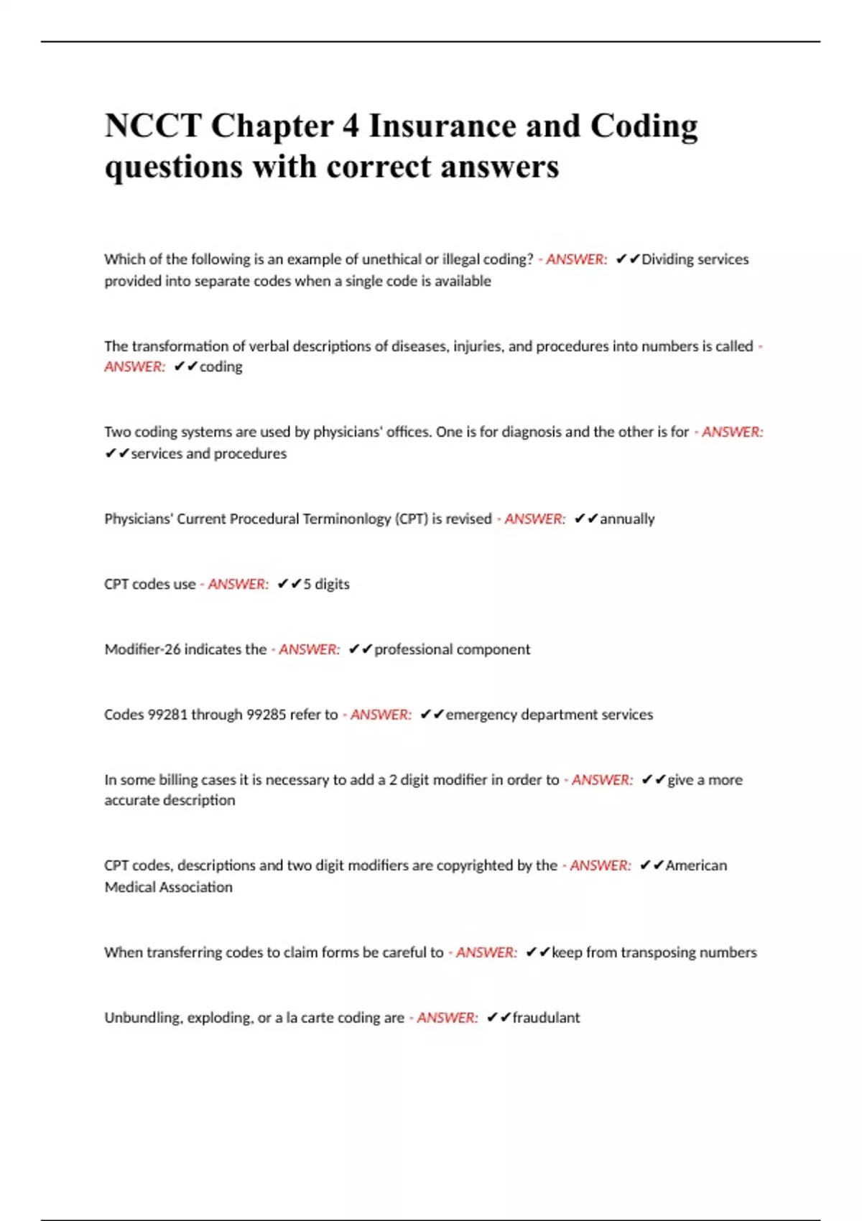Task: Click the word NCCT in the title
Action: click(x=152, y=126)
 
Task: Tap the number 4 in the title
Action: click(x=351, y=126)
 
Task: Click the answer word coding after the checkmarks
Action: click(x=221, y=366)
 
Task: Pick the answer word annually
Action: click(x=627, y=519)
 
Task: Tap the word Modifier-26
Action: click(x=142, y=649)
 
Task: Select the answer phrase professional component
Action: click(x=452, y=649)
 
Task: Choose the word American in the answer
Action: click(x=696, y=865)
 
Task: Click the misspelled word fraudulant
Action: click(x=546, y=1018)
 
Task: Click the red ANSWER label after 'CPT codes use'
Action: click(x=238, y=584)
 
